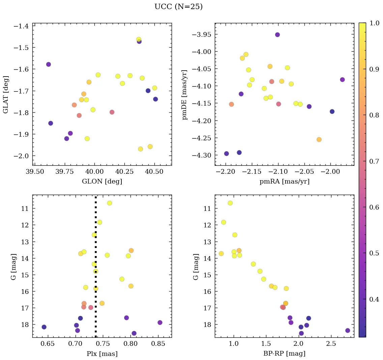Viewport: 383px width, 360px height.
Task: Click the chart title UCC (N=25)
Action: click(x=178, y=7)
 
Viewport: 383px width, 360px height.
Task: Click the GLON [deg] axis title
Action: click(x=102, y=182)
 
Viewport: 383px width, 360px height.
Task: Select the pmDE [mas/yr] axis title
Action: click(x=184, y=94)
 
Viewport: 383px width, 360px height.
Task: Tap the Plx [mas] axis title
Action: click(x=102, y=354)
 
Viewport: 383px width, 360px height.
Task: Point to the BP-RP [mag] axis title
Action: click(x=284, y=354)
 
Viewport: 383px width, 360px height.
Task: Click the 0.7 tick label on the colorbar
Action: click(x=374, y=161)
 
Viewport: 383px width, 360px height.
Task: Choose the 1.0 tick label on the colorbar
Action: click(x=374, y=23)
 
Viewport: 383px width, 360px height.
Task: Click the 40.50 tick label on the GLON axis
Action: click(x=154, y=172)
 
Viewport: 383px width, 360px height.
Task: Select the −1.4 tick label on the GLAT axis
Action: click(x=21, y=26)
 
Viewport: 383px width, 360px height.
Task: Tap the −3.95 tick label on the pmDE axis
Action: click(x=201, y=35)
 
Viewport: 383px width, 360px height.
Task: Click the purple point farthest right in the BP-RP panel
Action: click(x=348, y=330)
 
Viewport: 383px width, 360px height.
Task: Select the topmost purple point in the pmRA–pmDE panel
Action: click(x=277, y=34)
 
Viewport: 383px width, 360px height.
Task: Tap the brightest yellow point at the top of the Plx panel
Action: click(x=110, y=203)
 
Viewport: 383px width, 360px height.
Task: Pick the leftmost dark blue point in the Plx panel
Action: click(x=44, y=327)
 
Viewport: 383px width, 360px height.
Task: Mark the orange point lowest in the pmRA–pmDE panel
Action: click(x=319, y=139)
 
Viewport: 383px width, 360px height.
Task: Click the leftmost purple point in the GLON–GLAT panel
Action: click(x=49, y=64)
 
